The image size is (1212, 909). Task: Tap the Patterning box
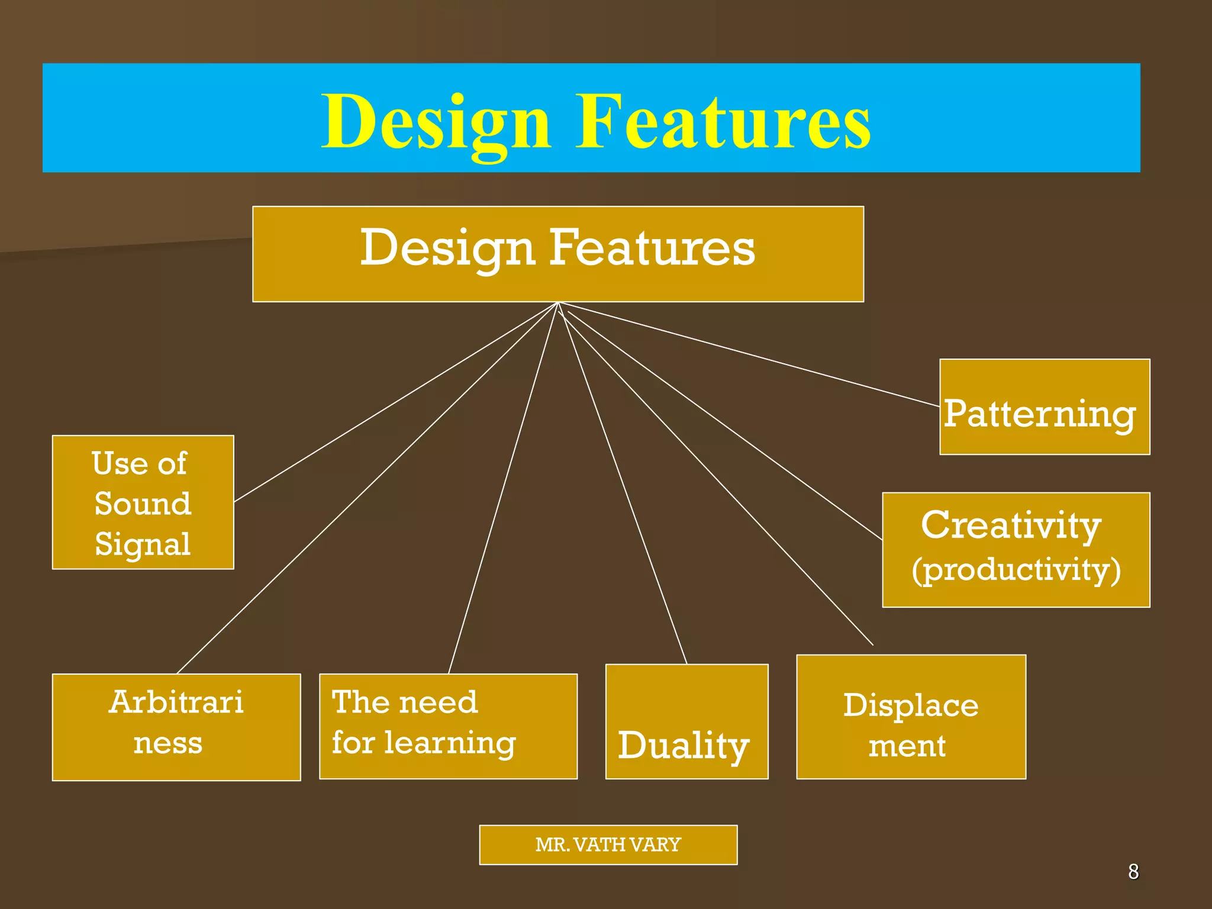[x=1045, y=407]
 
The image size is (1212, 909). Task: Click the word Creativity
[x=1011, y=525]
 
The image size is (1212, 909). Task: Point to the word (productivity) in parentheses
[x=1016, y=569]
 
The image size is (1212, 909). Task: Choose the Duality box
[x=686, y=721]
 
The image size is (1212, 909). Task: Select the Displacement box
[x=911, y=717]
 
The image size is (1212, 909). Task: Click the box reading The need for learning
[x=448, y=726]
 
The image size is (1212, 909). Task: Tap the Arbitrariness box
[x=176, y=727]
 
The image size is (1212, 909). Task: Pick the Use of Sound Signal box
[x=143, y=502]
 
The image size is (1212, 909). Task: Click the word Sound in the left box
[x=143, y=504]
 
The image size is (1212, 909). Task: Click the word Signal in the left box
[x=143, y=544]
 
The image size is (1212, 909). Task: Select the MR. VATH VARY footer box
[x=608, y=844]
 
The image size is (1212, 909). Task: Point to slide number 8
[x=1133, y=872]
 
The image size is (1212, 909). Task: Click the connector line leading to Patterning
[x=749, y=354]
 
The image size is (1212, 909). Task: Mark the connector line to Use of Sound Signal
[x=395, y=402]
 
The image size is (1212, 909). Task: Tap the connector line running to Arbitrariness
[x=367, y=488]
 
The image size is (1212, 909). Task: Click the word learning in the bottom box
[x=450, y=743]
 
